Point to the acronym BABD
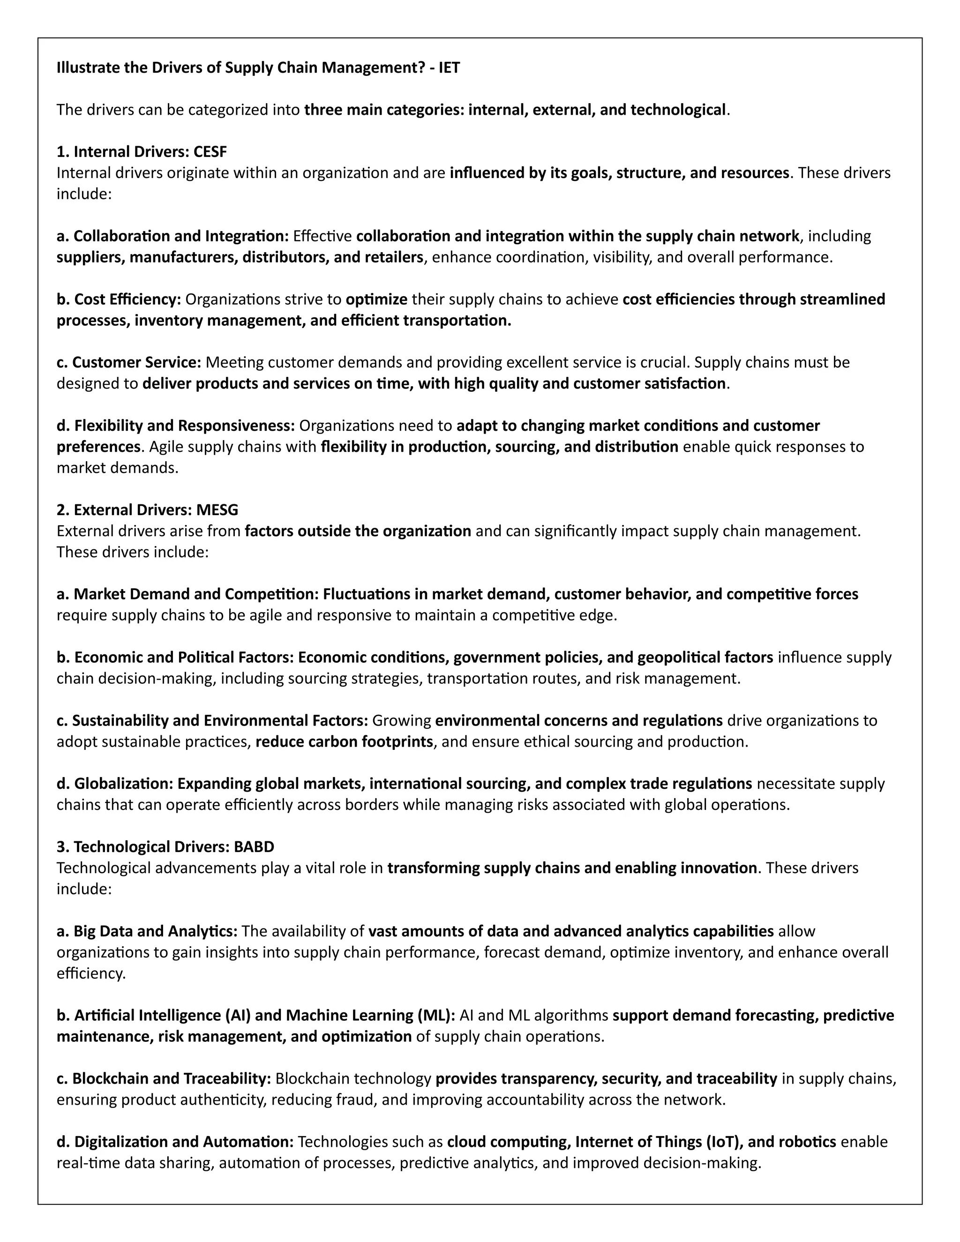[254, 847]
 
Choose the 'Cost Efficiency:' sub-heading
[119, 299]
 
